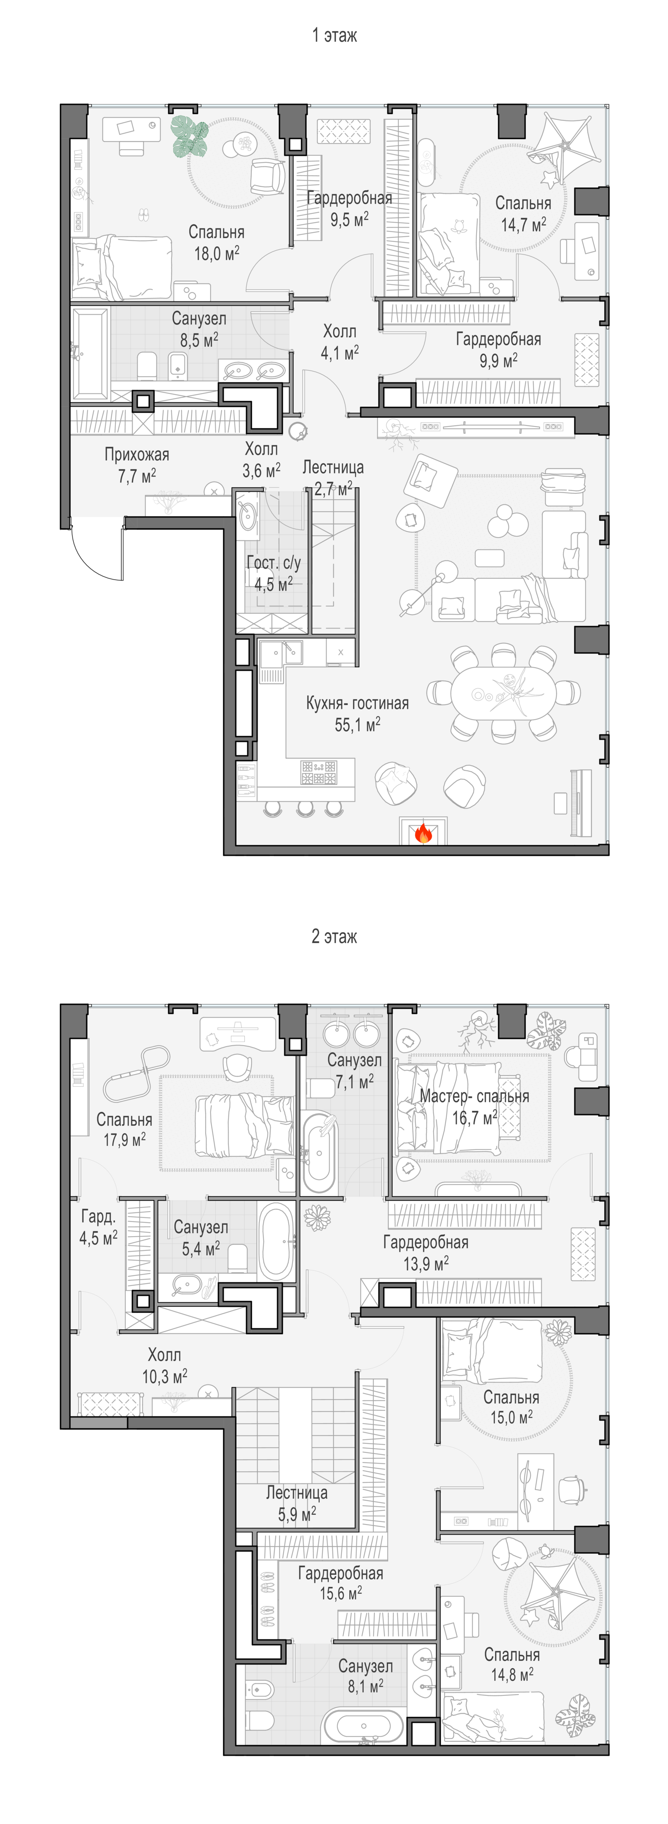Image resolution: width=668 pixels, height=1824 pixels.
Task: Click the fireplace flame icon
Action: [423, 833]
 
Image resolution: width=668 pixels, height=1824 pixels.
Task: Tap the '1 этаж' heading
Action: [334, 36]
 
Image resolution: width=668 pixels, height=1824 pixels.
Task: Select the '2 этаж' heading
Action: [334, 937]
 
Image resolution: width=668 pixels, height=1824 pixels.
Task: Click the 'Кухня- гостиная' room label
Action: [357, 703]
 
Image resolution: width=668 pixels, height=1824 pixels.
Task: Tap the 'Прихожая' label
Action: [137, 455]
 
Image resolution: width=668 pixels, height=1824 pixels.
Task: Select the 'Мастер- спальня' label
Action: [474, 1096]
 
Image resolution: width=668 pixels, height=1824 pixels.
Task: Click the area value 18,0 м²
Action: [217, 253]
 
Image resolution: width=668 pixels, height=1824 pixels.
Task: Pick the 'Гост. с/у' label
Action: [274, 563]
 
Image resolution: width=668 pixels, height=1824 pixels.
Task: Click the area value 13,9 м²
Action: [426, 1263]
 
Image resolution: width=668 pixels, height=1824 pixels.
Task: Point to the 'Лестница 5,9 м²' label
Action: [297, 1503]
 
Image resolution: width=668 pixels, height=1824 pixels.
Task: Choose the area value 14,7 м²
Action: [523, 224]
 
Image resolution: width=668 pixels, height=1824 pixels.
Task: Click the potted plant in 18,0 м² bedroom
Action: [189, 136]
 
